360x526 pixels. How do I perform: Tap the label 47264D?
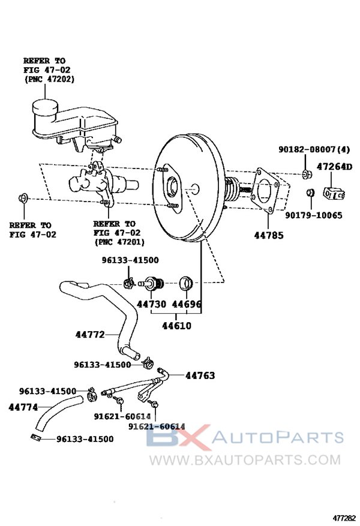point(335,166)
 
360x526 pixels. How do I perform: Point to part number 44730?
point(151,304)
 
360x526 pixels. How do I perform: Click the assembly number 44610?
point(176,325)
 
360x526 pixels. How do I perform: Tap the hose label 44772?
point(91,334)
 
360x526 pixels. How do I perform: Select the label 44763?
point(200,375)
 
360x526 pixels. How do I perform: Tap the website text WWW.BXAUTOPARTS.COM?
point(244,461)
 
